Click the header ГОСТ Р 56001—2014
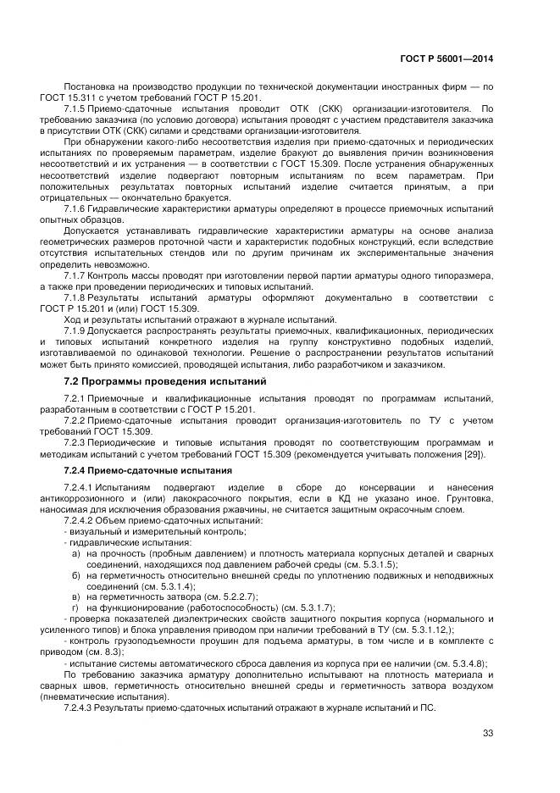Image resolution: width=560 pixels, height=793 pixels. [446, 59]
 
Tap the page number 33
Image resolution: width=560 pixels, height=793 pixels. [487, 734]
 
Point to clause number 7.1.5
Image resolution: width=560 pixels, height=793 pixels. [78, 110]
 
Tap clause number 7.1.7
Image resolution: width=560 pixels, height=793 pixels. [78, 276]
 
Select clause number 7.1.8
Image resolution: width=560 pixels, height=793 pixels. [78, 298]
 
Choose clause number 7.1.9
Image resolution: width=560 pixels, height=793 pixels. [78, 331]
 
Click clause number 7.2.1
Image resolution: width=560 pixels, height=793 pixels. [78, 398]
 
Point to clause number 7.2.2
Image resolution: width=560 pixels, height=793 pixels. [78, 420]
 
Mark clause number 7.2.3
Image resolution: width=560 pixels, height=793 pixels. [78, 442]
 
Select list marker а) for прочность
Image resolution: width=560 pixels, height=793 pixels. [76, 552]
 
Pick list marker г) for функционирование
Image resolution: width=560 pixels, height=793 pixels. [76, 607]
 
